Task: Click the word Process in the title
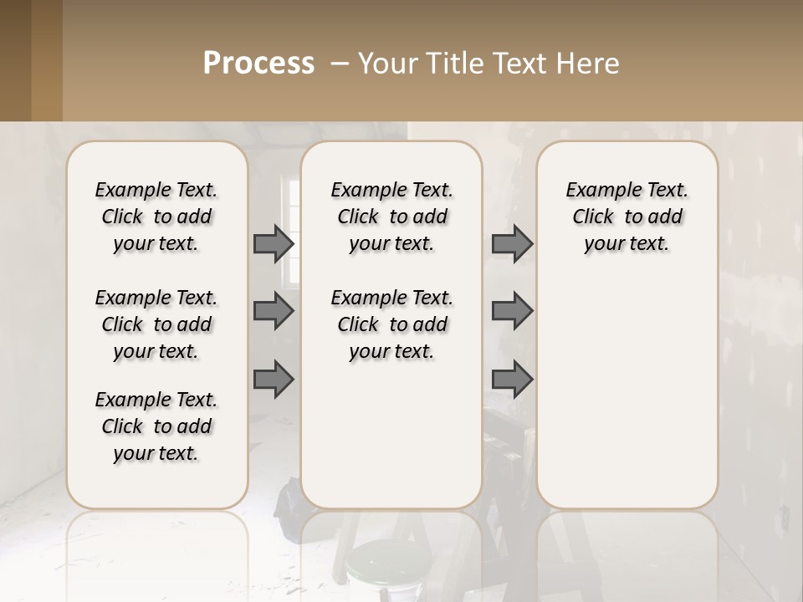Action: click(258, 64)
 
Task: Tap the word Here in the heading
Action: click(588, 64)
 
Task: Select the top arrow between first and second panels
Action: click(274, 243)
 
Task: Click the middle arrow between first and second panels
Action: click(274, 311)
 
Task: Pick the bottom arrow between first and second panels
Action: click(274, 379)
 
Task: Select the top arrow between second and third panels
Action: click(512, 243)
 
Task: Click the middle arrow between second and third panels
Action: click(512, 311)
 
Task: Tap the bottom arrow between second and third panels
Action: click(512, 379)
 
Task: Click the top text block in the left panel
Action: click(156, 217)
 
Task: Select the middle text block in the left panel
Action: click(156, 324)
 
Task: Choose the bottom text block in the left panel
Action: click(156, 426)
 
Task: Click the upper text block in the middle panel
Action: click(392, 217)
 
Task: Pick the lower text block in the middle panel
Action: click(392, 324)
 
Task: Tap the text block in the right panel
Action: click(627, 217)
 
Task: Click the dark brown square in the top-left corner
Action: click(15, 60)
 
